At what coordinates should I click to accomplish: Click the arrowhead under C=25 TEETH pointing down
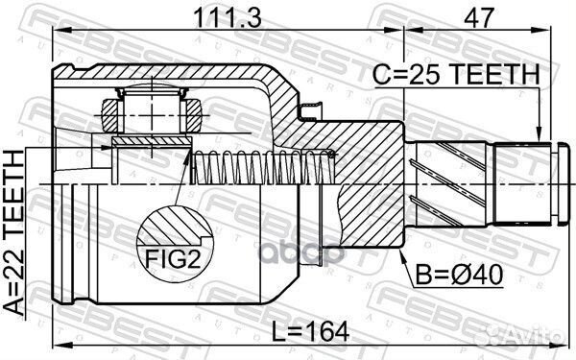[x=540, y=133]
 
